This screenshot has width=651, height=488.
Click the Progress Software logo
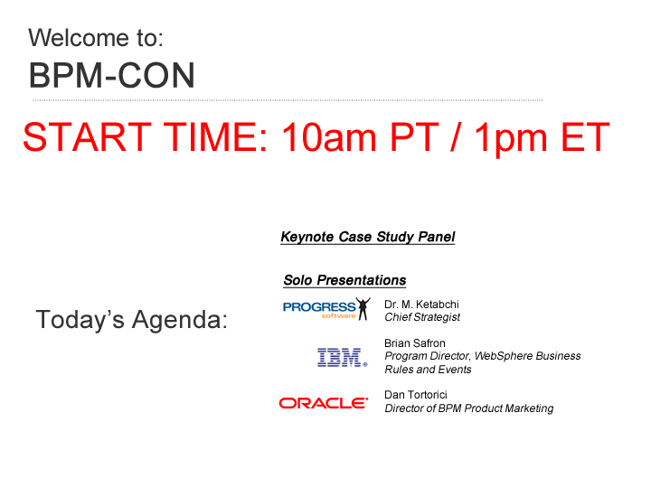click(x=326, y=309)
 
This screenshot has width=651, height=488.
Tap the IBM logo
click(x=343, y=357)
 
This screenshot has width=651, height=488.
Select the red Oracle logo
click(x=324, y=403)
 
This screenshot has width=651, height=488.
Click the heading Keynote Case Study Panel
click(x=368, y=237)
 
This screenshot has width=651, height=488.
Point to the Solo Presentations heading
click(x=344, y=280)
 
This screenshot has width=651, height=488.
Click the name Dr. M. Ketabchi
click(x=421, y=305)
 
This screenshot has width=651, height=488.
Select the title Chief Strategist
click(x=422, y=317)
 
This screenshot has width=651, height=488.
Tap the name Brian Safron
click(x=415, y=343)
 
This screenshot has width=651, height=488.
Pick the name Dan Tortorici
click(x=416, y=395)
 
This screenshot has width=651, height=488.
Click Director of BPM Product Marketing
click(x=469, y=408)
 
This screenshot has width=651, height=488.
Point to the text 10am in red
click(x=329, y=137)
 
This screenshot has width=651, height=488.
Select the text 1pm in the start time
click(x=511, y=139)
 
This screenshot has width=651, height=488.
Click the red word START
click(x=87, y=137)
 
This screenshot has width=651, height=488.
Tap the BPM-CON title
click(x=112, y=76)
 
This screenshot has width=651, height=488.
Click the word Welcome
click(x=79, y=38)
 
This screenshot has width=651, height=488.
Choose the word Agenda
click(x=180, y=321)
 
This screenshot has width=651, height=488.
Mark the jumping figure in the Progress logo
click(x=363, y=309)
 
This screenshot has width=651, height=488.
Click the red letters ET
click(x=585, y=137)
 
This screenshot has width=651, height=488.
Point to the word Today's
click(x=80, y=319)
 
